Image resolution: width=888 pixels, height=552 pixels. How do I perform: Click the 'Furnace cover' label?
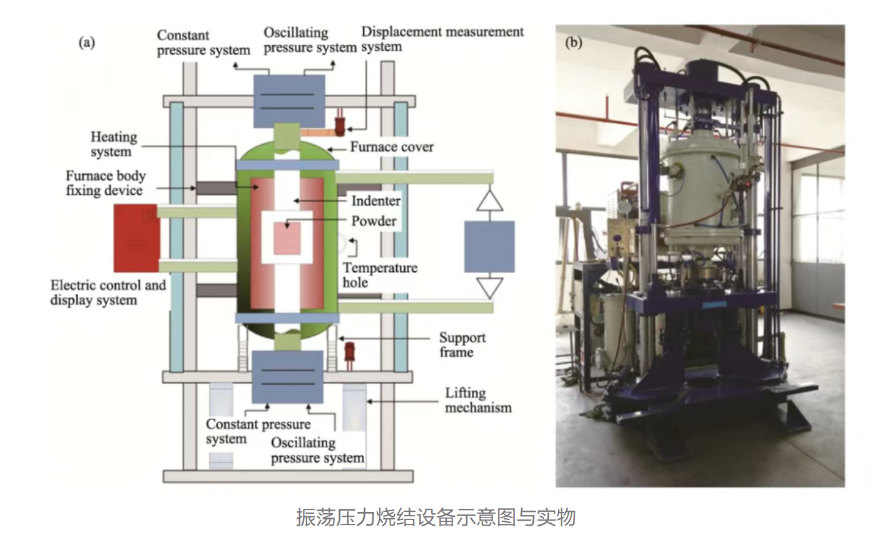tap(391, 147)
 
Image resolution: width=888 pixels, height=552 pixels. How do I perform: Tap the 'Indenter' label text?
tap(375, 201)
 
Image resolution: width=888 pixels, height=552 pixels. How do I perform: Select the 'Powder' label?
tap(374, 221)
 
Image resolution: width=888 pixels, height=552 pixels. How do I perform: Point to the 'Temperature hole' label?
tap(379, 275)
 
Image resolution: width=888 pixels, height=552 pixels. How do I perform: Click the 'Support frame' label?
tap(462, 345)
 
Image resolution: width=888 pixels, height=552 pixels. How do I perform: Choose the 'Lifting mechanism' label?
tap(477, 400)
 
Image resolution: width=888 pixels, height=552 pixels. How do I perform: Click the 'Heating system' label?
tap(113, 144)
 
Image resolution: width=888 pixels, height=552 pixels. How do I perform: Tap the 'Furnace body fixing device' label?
tap(105, 183)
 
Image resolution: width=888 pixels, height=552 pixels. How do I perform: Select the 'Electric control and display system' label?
tap(108, 293)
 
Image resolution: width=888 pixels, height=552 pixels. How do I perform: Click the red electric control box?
tap(136, 238)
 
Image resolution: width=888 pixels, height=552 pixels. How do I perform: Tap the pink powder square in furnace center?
tap(287, 238)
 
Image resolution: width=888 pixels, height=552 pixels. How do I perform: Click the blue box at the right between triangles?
tap(489, 246)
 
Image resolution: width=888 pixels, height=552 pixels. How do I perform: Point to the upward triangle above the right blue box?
tap(489, 201)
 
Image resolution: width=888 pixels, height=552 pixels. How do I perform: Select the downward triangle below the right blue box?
tap(489, 288)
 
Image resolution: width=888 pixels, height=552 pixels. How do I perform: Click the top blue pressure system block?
tap(288, 101)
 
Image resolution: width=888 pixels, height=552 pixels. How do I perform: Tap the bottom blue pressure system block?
tap(287, 377)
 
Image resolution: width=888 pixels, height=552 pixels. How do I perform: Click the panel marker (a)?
tap(86, 42)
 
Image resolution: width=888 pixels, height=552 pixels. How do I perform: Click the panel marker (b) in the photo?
tap(573, 42)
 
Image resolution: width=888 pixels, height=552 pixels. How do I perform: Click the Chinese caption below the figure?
tap(436, 518)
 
